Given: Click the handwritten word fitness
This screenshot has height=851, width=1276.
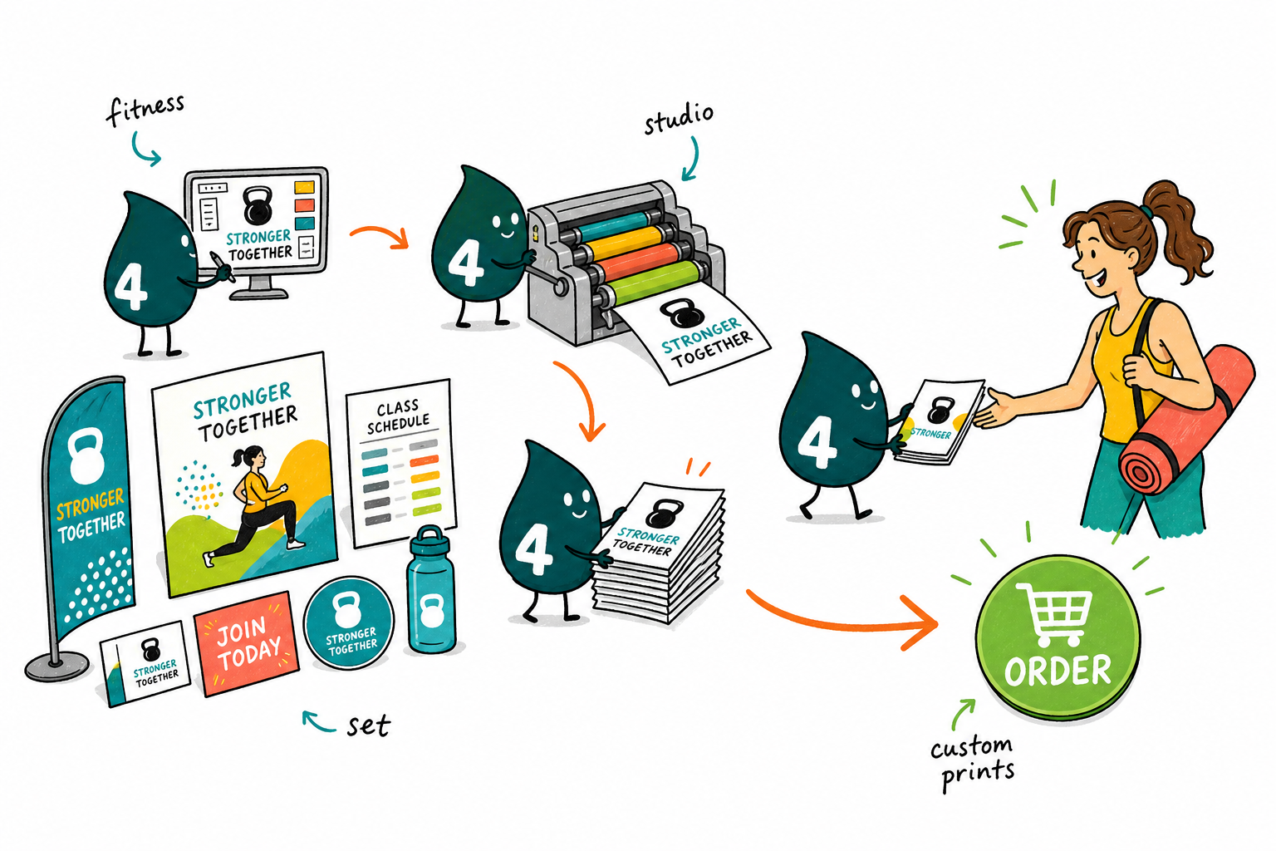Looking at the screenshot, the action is tap(145, 109).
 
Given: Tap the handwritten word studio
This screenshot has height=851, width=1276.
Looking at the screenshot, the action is tap(679, 119).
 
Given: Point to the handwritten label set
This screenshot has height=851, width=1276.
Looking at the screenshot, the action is tap(369, 726).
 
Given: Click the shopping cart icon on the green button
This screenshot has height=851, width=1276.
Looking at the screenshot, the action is tap(1054, 613).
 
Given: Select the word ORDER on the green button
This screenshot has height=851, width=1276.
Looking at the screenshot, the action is tap(1058, 671).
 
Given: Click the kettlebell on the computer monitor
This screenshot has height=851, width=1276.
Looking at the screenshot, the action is tap(258, 205).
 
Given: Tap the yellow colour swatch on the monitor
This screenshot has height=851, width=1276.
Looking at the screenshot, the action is tap(304, 187).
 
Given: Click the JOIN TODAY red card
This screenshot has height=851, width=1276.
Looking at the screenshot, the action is tap(247, 643).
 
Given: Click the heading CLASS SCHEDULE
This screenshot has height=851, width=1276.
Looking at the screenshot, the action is tap(398, 416).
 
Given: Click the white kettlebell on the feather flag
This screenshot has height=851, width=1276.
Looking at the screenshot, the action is tap(86, 455).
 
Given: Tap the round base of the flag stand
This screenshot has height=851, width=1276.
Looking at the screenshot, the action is tap(56, 667).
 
